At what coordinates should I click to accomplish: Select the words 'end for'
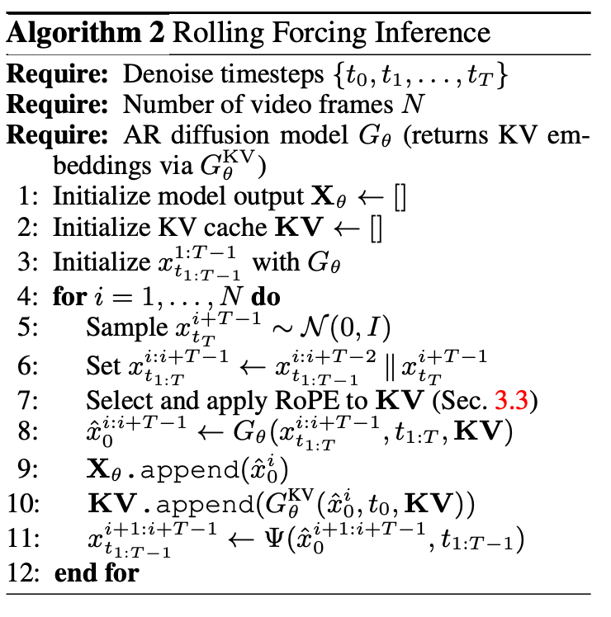coord(97,572)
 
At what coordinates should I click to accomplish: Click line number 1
coord(31,198)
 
